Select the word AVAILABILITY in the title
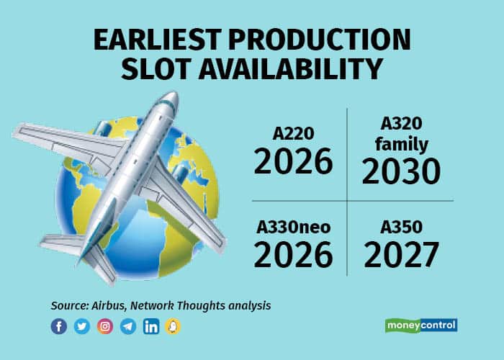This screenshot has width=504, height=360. tap(297, 69)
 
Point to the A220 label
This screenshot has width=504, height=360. tap(293, 134)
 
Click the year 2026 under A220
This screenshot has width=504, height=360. tap(293, 163)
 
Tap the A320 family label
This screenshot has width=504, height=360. tap(400, 135)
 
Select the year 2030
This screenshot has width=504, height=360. tap(400, 172)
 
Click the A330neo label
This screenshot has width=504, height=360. tap(293, 228)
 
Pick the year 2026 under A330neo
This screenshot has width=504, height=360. tap(293, 255)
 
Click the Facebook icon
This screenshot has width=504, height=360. tap(59, 326)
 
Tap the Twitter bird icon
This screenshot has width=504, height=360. tap(82, 326)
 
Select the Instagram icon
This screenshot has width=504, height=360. tap(105, 326)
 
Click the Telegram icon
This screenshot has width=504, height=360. tap(128, 326)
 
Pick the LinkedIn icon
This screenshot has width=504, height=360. tap(151, 326)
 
